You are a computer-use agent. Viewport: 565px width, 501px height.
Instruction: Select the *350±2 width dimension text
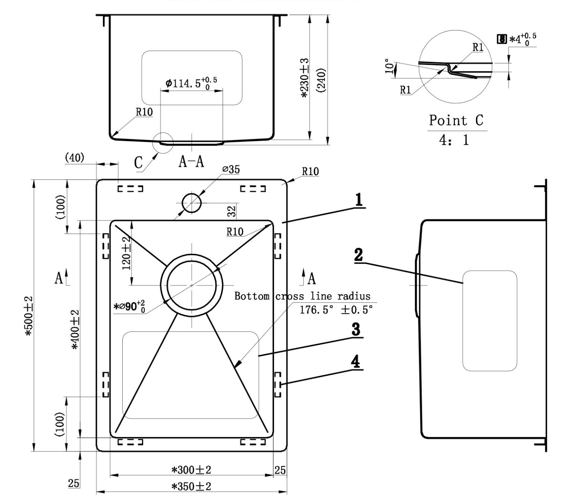pyautogui.click(x=191, y=486)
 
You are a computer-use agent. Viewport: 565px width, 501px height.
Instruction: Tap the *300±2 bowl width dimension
pyautogui.click(x=191, y=470)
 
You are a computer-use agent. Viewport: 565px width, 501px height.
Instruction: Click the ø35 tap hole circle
pyautogui.click(x=192, y=203)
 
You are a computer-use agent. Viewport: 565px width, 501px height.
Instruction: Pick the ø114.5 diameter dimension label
pyautogui.click(x=191, y=83)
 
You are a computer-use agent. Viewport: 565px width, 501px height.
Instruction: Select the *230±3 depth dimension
pyautogui.click(x=305, y=78)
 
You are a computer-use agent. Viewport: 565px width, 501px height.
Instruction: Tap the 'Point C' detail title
pyautogui.click(x=456, y=120)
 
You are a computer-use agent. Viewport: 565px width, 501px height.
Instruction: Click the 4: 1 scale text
pyautogui.click(x=454, y=140)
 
